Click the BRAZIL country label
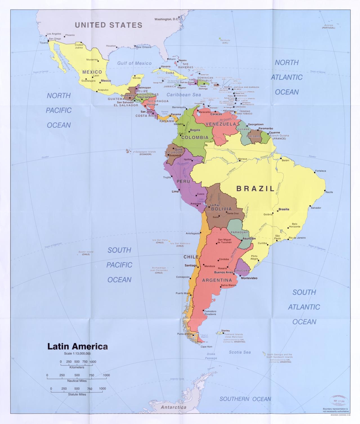pos(255,188)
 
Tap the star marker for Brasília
pos(278,211)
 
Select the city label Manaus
pos(242,159)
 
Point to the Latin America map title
pos(77,346)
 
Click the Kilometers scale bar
pos(77,365)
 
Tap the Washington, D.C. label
pos(166,19)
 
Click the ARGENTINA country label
pos(217,280)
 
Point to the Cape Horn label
pos(206,347)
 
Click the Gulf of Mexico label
pos(134,64)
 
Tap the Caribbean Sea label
pos(184,95)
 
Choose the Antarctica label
pos(173,407)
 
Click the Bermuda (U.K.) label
pos(225,41)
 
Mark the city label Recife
pos(329,192)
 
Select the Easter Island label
pos(86,253)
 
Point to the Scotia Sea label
pos(240,352)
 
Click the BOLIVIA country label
pos(221,209)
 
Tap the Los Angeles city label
pos(54,34)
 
